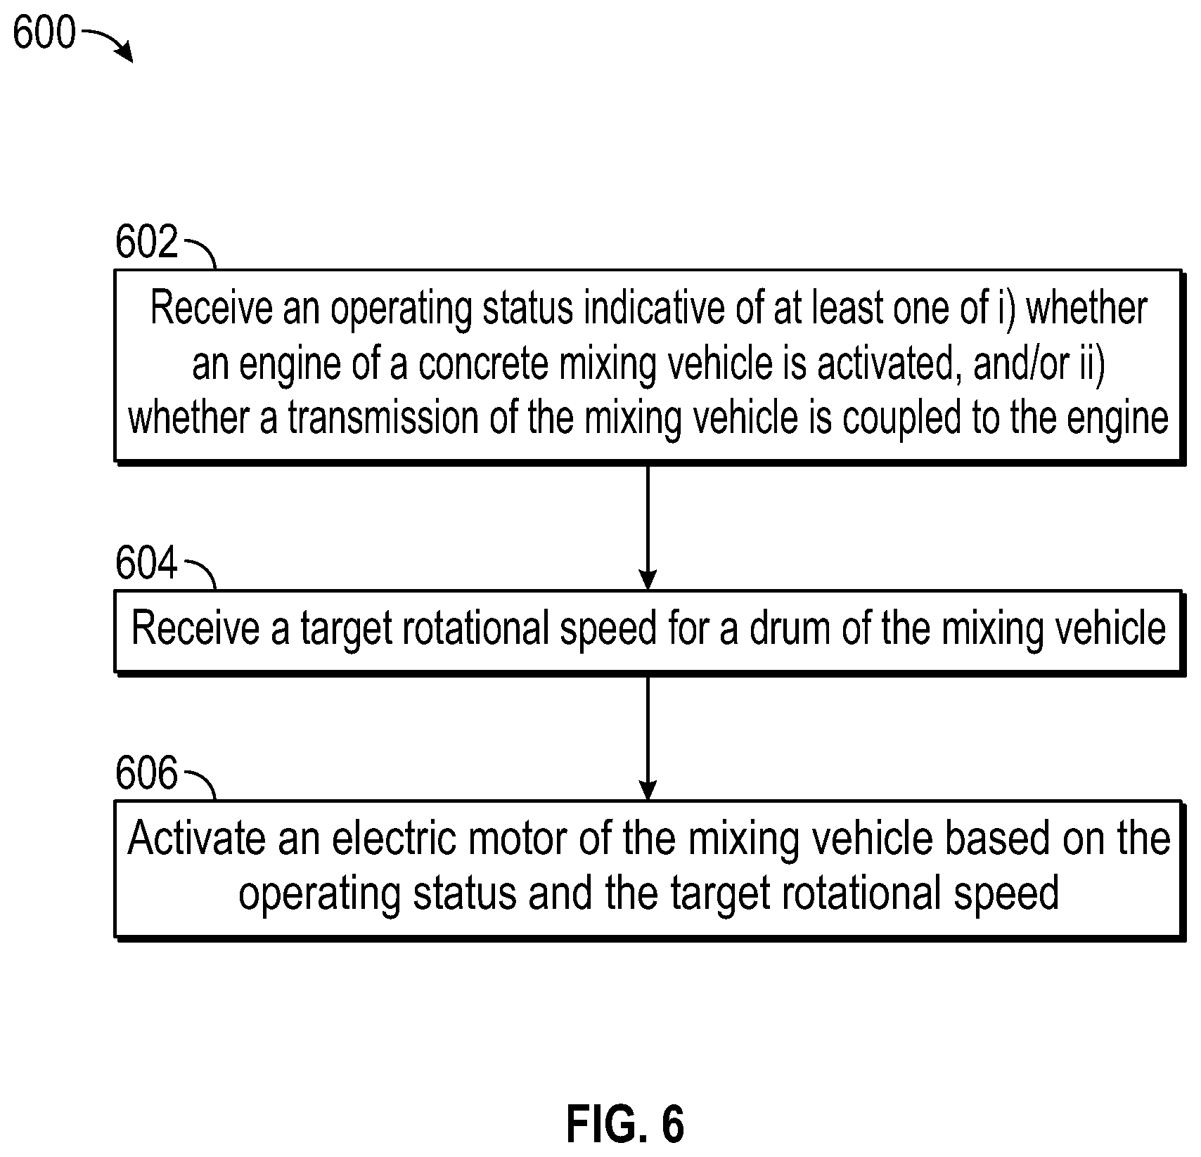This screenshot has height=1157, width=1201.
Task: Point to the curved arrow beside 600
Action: (107, 41)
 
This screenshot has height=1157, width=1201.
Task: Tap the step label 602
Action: (147, 243)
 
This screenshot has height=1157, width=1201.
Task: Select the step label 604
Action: (147, 563)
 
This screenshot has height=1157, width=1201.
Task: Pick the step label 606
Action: (147, 773)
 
